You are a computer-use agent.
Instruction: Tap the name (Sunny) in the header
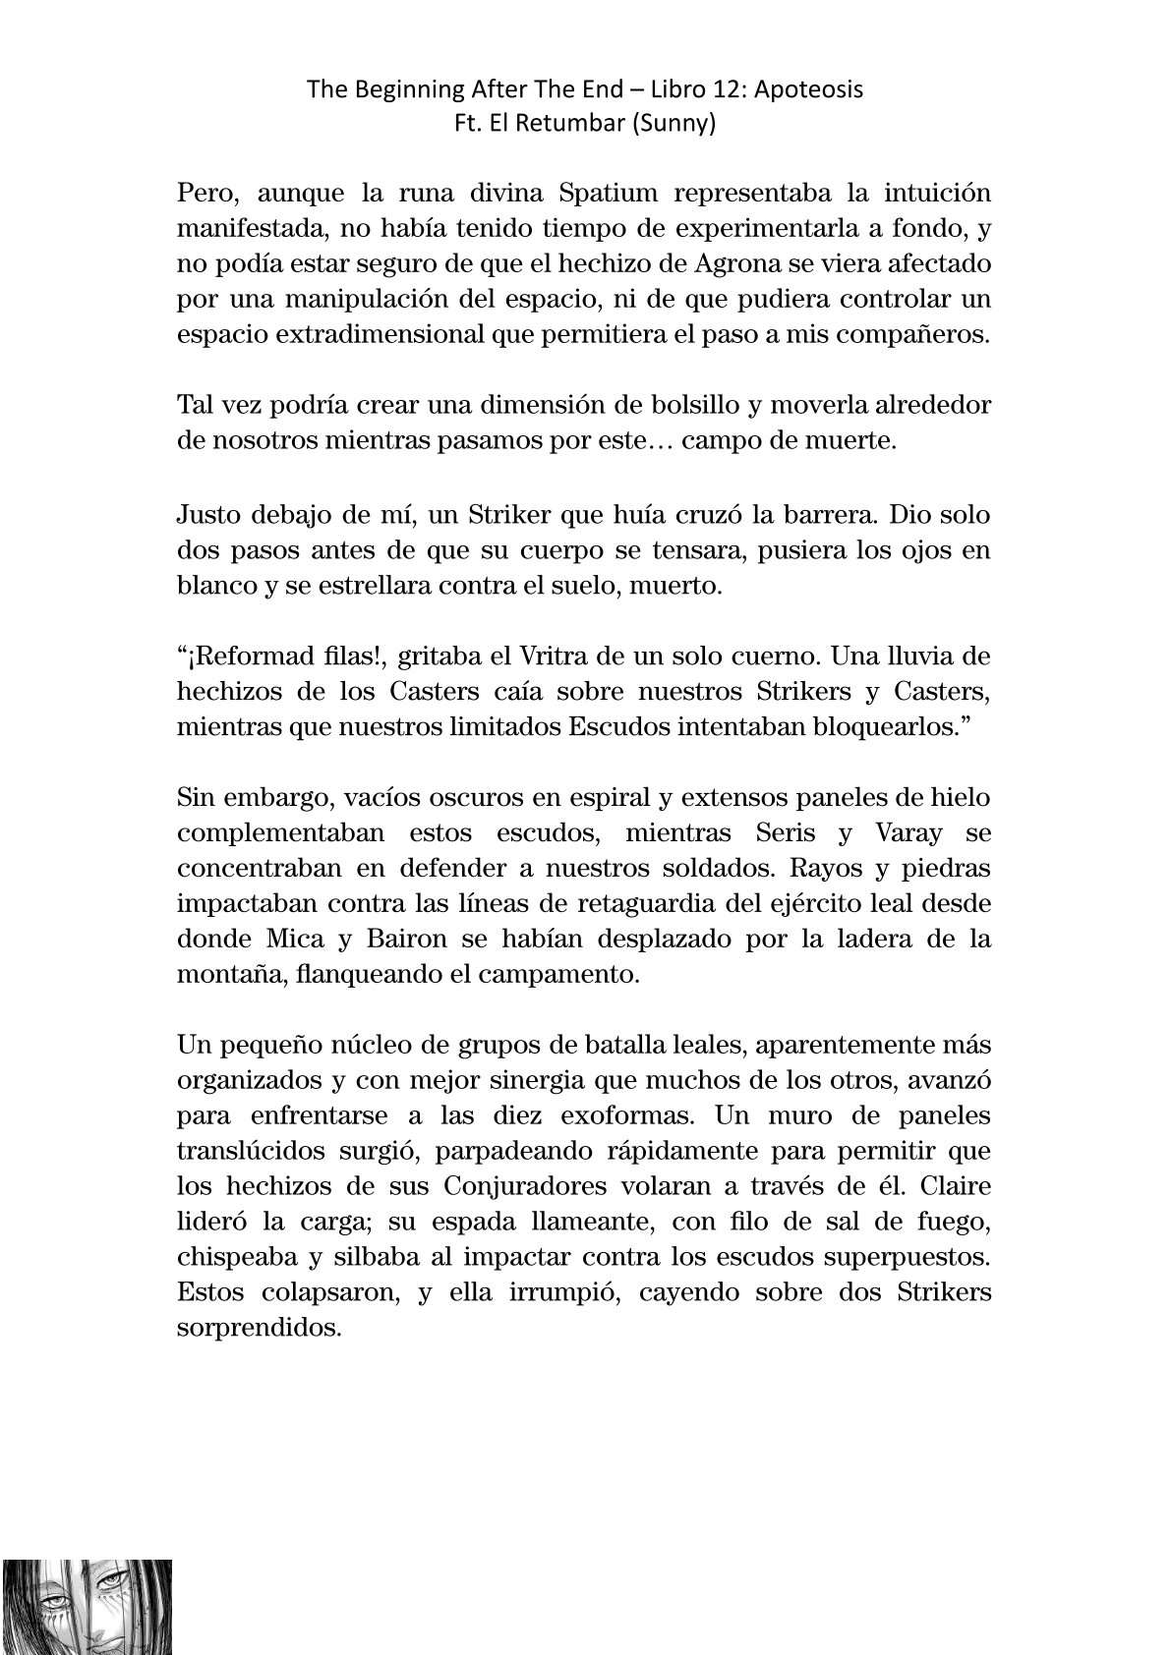point(678,125)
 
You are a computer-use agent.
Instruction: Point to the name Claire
point(954,1185)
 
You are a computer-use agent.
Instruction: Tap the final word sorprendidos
point(259,1327)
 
